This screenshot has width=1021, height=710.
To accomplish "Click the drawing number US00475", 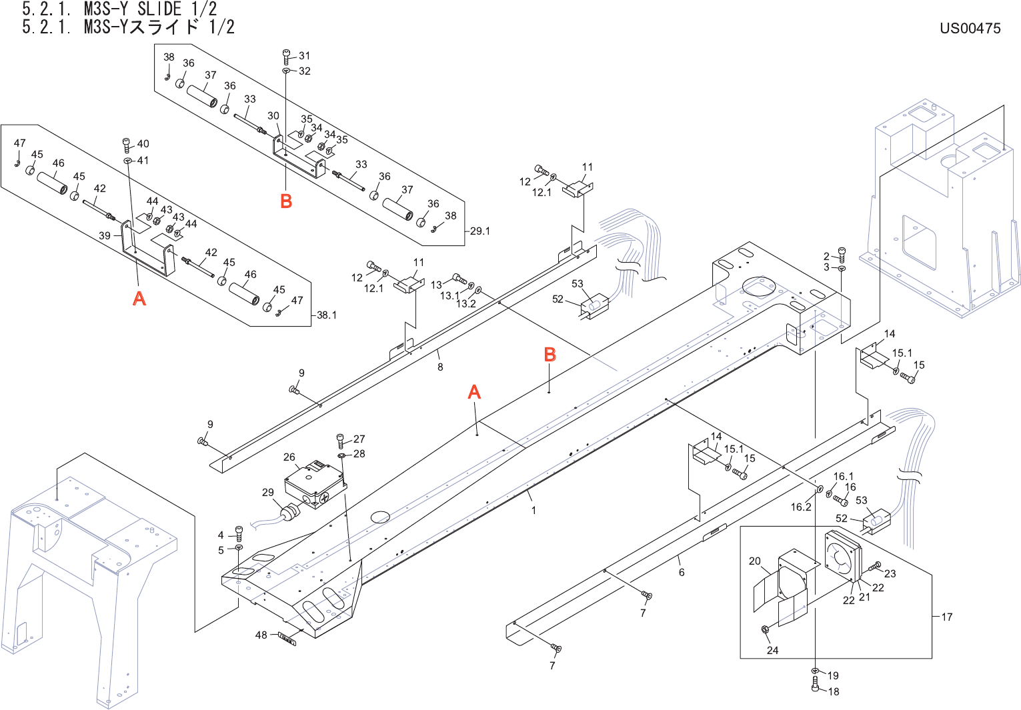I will [x=970, y=28].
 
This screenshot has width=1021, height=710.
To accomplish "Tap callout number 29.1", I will [x=479, y=231].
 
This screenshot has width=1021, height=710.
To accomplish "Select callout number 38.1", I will [x=326, y=315].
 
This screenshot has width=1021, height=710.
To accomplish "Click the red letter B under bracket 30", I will [x=286, y=201].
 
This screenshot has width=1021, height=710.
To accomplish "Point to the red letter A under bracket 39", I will [x=139, y=298].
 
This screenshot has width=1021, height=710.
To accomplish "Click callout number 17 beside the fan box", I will [x=947, y=617].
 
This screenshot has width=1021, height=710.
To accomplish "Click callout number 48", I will [x=261, y=635].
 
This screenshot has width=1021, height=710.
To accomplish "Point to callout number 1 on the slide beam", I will [x=534, y=510].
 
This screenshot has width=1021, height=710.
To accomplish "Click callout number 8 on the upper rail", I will [x=440, y=367].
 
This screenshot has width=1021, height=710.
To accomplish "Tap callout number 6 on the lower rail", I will [x=682, y=572].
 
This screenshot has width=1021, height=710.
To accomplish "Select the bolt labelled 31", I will [x=286, y=57].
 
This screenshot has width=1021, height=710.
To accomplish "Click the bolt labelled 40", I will [x=126, y=145].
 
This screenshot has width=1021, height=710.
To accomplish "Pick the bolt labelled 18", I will [x=816, y=685].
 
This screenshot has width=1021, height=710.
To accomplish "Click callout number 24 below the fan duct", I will [x=772, y=650].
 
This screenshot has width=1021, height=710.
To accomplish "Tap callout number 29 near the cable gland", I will [x=267, y=492].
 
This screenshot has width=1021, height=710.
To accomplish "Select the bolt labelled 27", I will [x=341, y=440].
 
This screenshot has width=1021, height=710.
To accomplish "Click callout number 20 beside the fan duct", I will [x=754, y=561].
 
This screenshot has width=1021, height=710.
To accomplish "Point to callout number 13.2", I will [x=465, y=303].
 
